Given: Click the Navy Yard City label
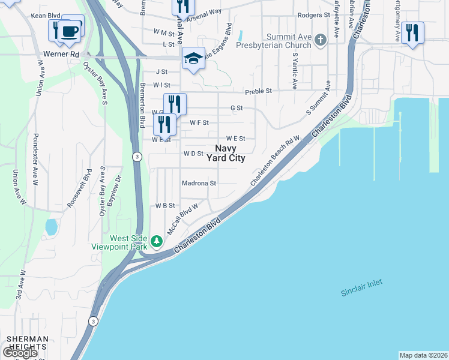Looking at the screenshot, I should (226, 153).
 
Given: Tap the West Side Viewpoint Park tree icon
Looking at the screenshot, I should (157, 241).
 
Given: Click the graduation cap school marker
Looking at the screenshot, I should (193, 58).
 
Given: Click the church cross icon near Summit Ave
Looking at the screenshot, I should (321, 40).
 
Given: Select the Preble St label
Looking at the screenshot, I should (258, 91).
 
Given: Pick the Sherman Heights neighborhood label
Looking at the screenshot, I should (26, 343).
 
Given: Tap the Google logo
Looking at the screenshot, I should (20, 353).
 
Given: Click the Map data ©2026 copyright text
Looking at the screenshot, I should (423, 355).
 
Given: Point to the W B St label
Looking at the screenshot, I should (164, 205).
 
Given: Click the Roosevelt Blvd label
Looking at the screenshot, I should (77, 192).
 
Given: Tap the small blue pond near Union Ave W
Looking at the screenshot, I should (52, 227).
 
